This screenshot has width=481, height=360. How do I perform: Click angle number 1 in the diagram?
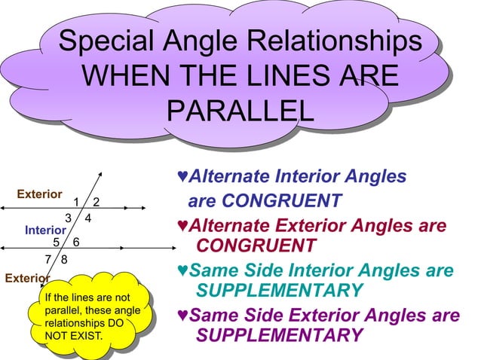tap(77, 201)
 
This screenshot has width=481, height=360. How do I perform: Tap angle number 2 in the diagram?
tap(97, 201)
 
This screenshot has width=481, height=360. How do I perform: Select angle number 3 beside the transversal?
tap(68, 218)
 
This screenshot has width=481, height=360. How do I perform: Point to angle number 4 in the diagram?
tap(88, 218)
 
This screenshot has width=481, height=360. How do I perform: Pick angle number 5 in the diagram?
tap(57, 242)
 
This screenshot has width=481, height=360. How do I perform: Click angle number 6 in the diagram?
tap(75, 242)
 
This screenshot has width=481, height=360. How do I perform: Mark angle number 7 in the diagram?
tap(48, 260)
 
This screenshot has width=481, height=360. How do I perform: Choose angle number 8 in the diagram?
tap(64, 260)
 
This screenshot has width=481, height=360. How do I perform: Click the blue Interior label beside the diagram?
tap(45, 229)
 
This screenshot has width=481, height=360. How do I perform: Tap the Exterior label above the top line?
tap(39, 194)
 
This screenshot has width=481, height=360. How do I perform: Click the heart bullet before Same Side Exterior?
tap(182, 315)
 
